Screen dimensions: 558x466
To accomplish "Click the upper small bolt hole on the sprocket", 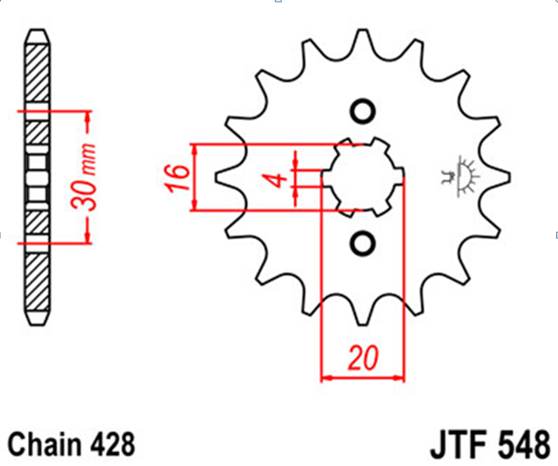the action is tap(363, 112).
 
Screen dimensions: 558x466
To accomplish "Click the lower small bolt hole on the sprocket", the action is tap(363, 244).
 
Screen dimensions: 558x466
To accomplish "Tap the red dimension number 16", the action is tap(178, 178).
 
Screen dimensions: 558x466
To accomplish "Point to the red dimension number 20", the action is tap(363, 358).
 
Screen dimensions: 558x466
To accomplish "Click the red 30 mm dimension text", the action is tap(84, 177).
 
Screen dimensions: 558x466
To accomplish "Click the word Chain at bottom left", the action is tap(44, 444).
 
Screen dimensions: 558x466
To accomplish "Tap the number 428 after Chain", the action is tap(112, 444).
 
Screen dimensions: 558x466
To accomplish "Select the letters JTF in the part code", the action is tap(459, 445).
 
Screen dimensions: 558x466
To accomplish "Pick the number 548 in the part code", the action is tap(524, 445).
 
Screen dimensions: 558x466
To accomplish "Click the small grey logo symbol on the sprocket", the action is tap(458, 176).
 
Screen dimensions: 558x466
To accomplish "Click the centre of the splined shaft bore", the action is tap(363, 178).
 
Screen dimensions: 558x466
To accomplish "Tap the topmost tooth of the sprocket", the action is tap(363, 39).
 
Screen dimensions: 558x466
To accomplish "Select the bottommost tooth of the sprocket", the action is tap(363, 315).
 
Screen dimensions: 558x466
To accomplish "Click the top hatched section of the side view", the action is tap(37, 73).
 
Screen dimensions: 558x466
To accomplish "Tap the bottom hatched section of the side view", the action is tap(37, 282).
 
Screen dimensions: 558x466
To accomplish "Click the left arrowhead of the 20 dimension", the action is tap(326, 377).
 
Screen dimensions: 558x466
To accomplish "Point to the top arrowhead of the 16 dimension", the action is tap(194, 151).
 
